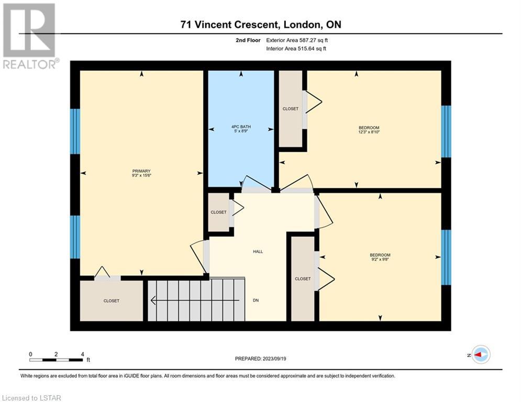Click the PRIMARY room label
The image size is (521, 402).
pyautogui.click(x=141, y=171)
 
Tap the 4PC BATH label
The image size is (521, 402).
pyautogui.click(x=241, y=127)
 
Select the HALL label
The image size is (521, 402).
pyautogui.click(x=258, y=252)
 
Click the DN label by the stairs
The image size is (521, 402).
pyautogui.click(x=256, y=300)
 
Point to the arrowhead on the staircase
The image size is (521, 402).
pyautogui.click(x=153, y=300)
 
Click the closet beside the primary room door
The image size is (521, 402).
pyautogui.click(x=112, y=301)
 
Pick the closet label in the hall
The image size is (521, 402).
pyautogui.click(x=219, y=213)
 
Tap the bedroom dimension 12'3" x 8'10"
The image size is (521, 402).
pyautogui.click(x=369, y=132)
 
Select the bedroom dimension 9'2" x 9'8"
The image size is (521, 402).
pyautogui.click(x=380, y=260)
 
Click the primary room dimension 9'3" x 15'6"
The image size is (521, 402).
pyautogui.click(x=141, y=175)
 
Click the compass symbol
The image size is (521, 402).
pyautogui.click(x=481, y=354)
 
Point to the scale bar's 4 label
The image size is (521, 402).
pyautogui.click(x=82, y=354)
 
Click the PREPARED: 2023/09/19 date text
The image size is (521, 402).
pyautogui.click(x=261, y=359)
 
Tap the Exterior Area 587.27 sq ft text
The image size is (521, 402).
pyautogui.click(x=297, y=40)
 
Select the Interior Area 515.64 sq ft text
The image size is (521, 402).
pyautogui.click(x=296, y=49)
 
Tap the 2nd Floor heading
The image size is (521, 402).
pyautogui.click(x=248, y=40)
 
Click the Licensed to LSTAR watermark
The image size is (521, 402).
pyautogui.click(x=31, y=398)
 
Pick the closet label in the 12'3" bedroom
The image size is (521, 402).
pyautogui.click(x=291, y=109)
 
